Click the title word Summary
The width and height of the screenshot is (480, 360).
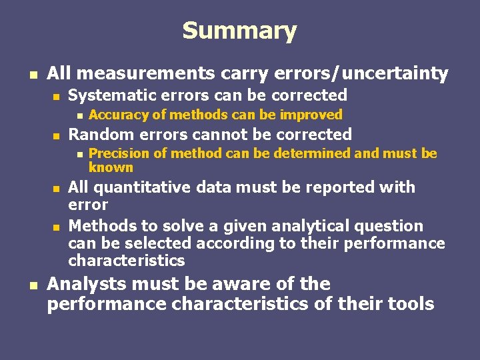click(239, 31)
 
